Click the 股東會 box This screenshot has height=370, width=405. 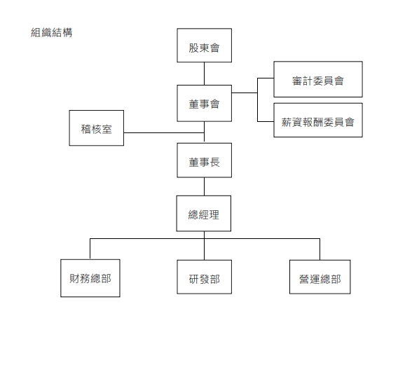click(x=204, y=46)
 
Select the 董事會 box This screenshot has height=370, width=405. click(x=204, y=103)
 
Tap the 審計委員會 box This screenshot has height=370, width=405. click(x=318, y=79)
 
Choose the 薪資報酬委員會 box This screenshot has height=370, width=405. click(x=318, y=120)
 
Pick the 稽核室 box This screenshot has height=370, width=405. click(x=96, y=128)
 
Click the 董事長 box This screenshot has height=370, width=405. click(x=204, y=160)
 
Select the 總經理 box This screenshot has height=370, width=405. click(x=203, y=214)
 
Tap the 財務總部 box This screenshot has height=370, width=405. click(x=90, y=278)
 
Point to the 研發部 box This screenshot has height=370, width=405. click(x=204, y=277)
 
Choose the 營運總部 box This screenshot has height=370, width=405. click(x=320, y=277)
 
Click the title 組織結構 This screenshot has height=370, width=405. click(x=52, y=32)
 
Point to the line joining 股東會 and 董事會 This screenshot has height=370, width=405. click(x=204, y=74)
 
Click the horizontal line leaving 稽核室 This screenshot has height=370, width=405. click(x=164, y=133)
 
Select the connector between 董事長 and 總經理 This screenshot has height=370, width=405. click(x=204, y=186)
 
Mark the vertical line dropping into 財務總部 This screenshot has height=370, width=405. click(x=90, y=249)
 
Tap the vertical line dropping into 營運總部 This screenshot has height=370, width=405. click(x=320, y=249)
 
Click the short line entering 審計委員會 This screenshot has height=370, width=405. click(x=266, y=78)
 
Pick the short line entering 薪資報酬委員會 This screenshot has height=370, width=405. click(x=266, y=121)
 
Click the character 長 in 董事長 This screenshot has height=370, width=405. click(x=215, y=163)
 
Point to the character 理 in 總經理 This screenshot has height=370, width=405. click(x=214, y=215)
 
